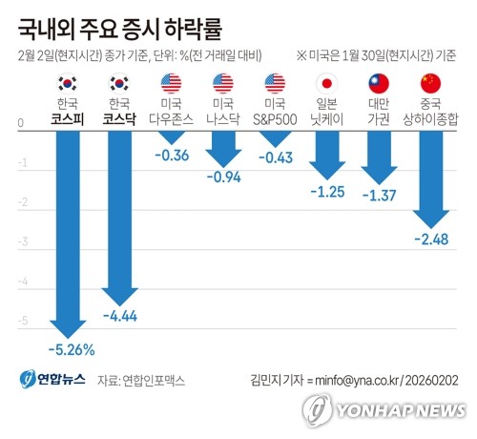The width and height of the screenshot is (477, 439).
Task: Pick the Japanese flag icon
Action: coord(327,82)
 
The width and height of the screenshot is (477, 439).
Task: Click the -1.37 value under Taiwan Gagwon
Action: coord(379,195)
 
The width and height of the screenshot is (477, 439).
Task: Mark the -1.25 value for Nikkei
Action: coord(327,191)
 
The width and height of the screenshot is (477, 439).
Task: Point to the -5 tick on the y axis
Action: coord(22,323)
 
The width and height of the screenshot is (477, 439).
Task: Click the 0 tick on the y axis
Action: coord(22,124)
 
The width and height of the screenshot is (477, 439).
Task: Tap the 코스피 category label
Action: coord(68,118)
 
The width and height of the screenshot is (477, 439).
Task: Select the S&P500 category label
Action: coord(276,118)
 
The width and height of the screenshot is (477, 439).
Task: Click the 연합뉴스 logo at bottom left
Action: coord(53,380)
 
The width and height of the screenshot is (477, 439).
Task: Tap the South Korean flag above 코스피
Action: coord(68,82)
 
